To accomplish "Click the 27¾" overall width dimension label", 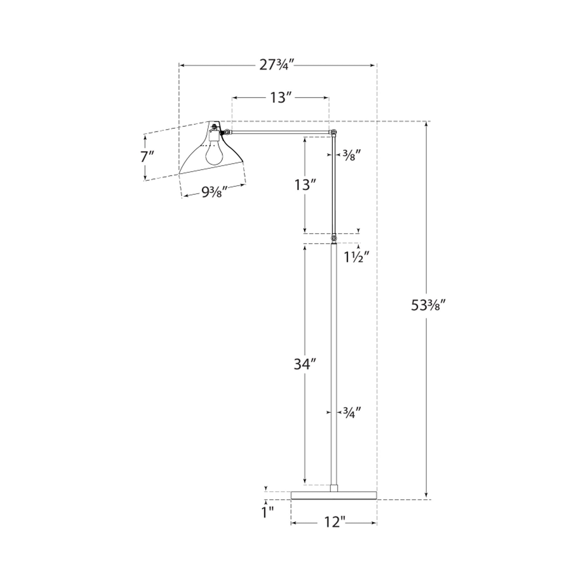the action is click(277, 65).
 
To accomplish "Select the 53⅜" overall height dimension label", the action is click(428, 305).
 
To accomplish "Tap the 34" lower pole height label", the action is click(305, 364).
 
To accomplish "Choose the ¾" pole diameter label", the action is click(352, 413).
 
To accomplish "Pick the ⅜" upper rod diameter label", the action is click(352, 155).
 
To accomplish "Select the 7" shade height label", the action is click(147, 157).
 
